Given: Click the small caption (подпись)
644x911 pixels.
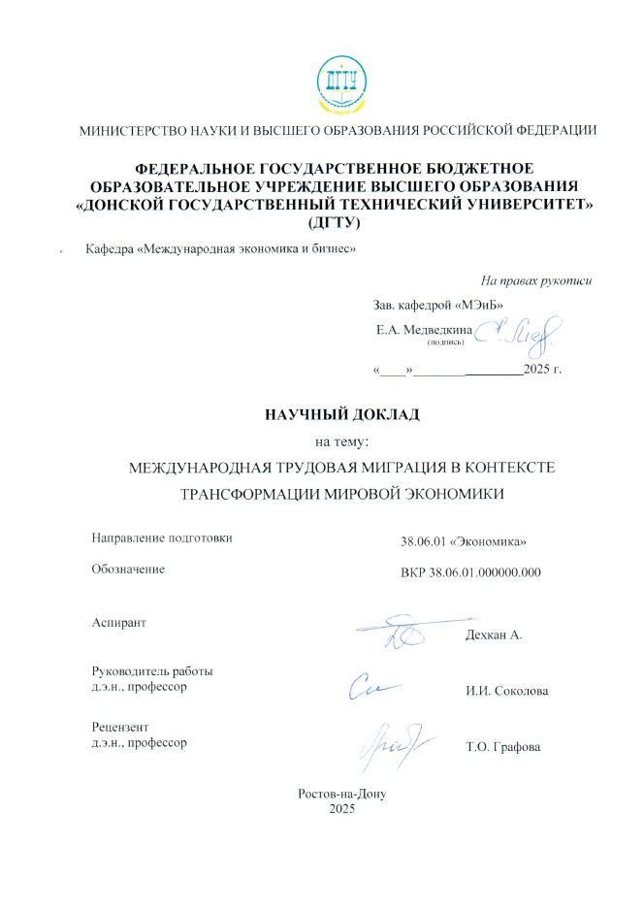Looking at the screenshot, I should (446, 342).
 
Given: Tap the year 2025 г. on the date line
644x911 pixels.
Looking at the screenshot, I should (542, 370).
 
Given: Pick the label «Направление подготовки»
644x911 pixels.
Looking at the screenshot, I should (162, 537).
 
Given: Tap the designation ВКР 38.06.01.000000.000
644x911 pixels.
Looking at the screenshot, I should (470, 572).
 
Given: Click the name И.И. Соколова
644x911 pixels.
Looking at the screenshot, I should (506, 692).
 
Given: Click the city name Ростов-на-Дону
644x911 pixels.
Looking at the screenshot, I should (342, 793).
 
